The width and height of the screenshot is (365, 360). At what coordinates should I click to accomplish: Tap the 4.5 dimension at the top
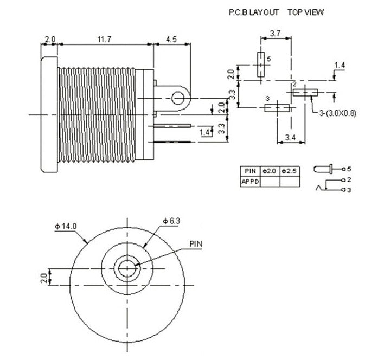point(170,39)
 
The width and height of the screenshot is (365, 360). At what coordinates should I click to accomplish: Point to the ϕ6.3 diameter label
point(173,221)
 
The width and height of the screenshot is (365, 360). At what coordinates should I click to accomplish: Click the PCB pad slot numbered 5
point(261,65)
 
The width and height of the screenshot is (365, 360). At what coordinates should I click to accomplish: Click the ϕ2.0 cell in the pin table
point(270,171)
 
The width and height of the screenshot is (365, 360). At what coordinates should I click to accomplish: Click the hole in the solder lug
point(178,98)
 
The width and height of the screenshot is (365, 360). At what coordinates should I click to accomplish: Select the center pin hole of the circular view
point(127,267)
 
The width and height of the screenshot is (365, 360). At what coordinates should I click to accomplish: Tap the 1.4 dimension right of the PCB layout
point(340,65)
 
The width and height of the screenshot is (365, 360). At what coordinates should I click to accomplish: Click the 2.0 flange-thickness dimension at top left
point(50,39)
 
